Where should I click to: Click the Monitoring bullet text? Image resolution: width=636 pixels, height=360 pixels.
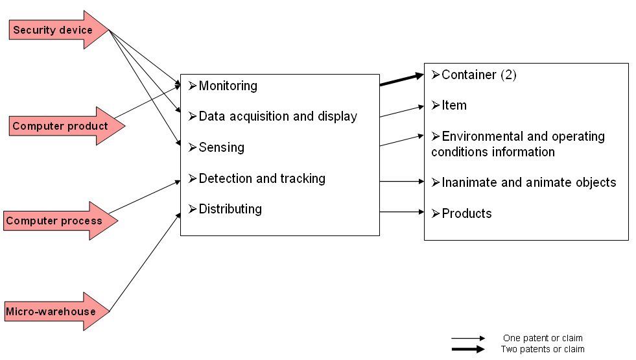click(x=228, y=86)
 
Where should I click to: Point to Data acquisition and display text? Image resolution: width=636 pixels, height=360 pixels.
click(x=277, y=117)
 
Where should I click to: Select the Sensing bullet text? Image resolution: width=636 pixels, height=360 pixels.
click(x=221, y=147)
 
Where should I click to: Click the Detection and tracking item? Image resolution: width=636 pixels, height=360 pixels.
click(x=262, y=178)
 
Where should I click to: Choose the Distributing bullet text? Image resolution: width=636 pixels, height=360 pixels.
click(x=230, y=209)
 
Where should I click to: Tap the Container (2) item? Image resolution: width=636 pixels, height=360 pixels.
click(x=478, y=75)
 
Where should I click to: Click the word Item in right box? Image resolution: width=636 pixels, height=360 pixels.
click(x=454, y=105)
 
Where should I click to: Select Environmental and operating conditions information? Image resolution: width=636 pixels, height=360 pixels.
click(x=519, y=144)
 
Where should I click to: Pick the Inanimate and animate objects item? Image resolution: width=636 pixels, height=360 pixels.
click(x=528, y=182)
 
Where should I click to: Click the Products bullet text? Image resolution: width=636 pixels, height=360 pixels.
click(x=467, y=213)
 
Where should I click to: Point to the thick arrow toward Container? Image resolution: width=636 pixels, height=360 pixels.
click(x=401, y=80)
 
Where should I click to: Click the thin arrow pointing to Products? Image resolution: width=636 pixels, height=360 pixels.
click(x=401, y=211)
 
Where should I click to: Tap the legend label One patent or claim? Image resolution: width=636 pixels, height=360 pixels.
click(x=543, y=338)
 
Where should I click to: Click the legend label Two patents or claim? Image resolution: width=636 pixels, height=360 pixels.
click(x=543, y=349)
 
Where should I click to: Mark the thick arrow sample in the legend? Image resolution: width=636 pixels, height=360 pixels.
click(x=468, y=349)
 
